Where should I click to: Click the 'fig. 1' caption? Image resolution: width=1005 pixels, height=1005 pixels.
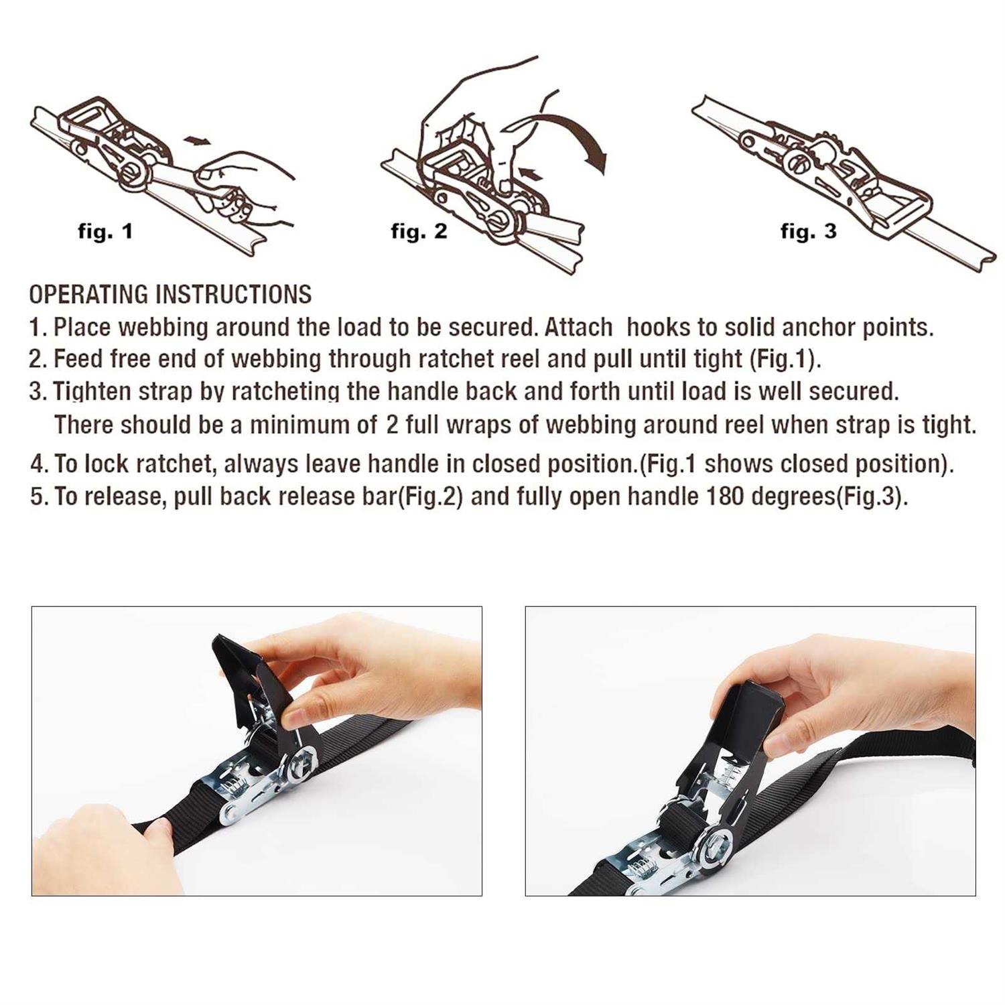tap(105, 232)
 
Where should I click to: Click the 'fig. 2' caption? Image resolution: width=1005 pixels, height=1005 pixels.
tap(419, 232)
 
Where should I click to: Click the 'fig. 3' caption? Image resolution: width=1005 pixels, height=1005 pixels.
tap(808, 232)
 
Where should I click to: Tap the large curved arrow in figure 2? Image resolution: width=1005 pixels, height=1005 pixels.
tap(576, 137)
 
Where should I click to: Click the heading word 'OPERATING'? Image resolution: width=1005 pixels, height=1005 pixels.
tap(88, 294)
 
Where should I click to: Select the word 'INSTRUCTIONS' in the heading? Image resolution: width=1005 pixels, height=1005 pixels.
tap(233, 294)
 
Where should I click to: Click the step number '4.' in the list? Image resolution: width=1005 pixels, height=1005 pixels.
tap(39, 464)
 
